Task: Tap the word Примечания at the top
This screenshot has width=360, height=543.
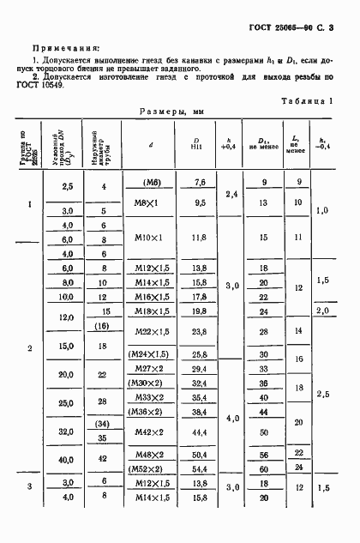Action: [x=65, y=50]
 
